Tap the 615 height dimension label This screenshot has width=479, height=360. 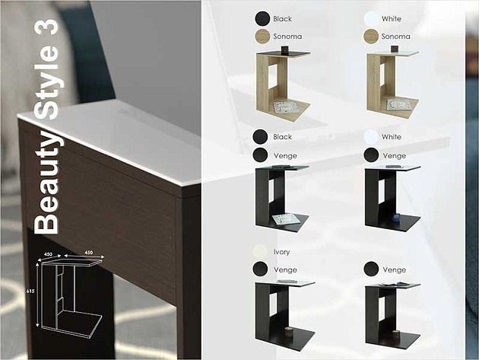point(30,292)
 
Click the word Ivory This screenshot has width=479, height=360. point(281,252)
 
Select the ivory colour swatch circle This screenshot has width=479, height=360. point(260,251)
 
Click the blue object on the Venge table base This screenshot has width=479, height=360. point(396,218)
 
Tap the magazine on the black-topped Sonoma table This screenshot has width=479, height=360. point(284,107)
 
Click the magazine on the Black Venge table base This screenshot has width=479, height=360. point(287,218)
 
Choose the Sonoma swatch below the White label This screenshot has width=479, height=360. point(371,37)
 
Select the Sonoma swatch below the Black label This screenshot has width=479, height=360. point(262,37)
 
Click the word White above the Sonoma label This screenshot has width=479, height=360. point(392,19)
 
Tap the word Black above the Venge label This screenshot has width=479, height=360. point(282,137)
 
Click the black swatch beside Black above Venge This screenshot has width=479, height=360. point(260,136)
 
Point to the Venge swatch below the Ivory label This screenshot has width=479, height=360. point(260,269)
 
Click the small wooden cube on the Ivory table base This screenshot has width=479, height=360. point(289,331)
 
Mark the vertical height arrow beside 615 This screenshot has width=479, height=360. point(37,295)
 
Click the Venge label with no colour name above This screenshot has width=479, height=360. point(395,269)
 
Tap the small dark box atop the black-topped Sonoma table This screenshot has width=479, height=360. point(284,50)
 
